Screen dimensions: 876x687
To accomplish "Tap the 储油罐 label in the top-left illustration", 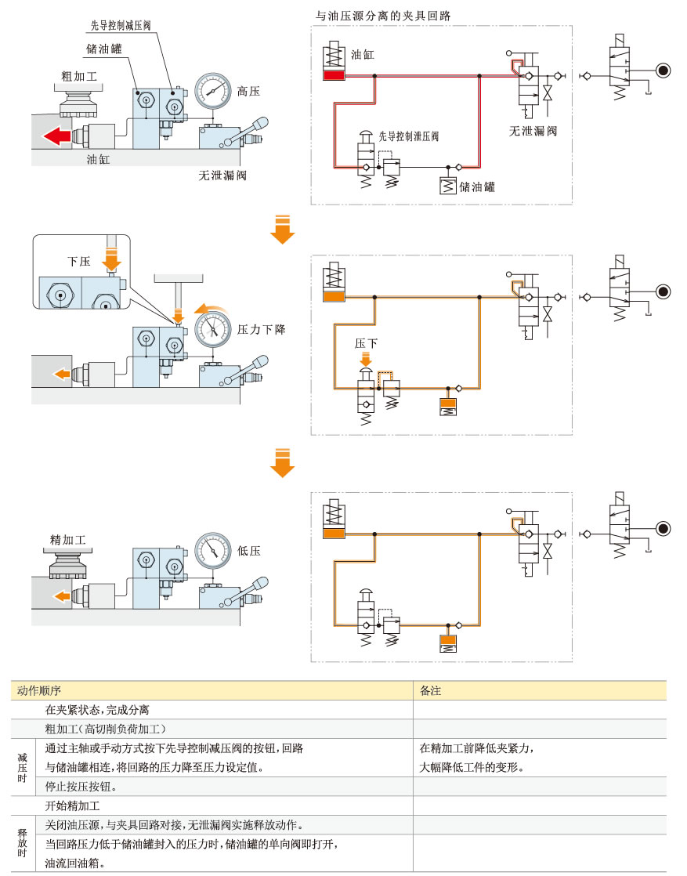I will click(103, 49).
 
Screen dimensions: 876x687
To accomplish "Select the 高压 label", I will click(248, 92).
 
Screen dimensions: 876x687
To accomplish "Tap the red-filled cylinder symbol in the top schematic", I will click(333, 75).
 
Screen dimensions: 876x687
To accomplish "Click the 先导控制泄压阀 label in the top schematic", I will click(408, 136).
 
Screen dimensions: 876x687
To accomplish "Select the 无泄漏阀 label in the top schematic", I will click(533, 131).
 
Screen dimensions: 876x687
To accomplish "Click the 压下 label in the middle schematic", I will click(366, 343).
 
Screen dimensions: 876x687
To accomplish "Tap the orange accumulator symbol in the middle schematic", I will click(448, 407).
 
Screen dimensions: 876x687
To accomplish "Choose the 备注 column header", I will click(431, 690).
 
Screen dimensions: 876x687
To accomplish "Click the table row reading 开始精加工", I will click(73, 805).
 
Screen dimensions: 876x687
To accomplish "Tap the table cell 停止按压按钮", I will click(81, 787).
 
